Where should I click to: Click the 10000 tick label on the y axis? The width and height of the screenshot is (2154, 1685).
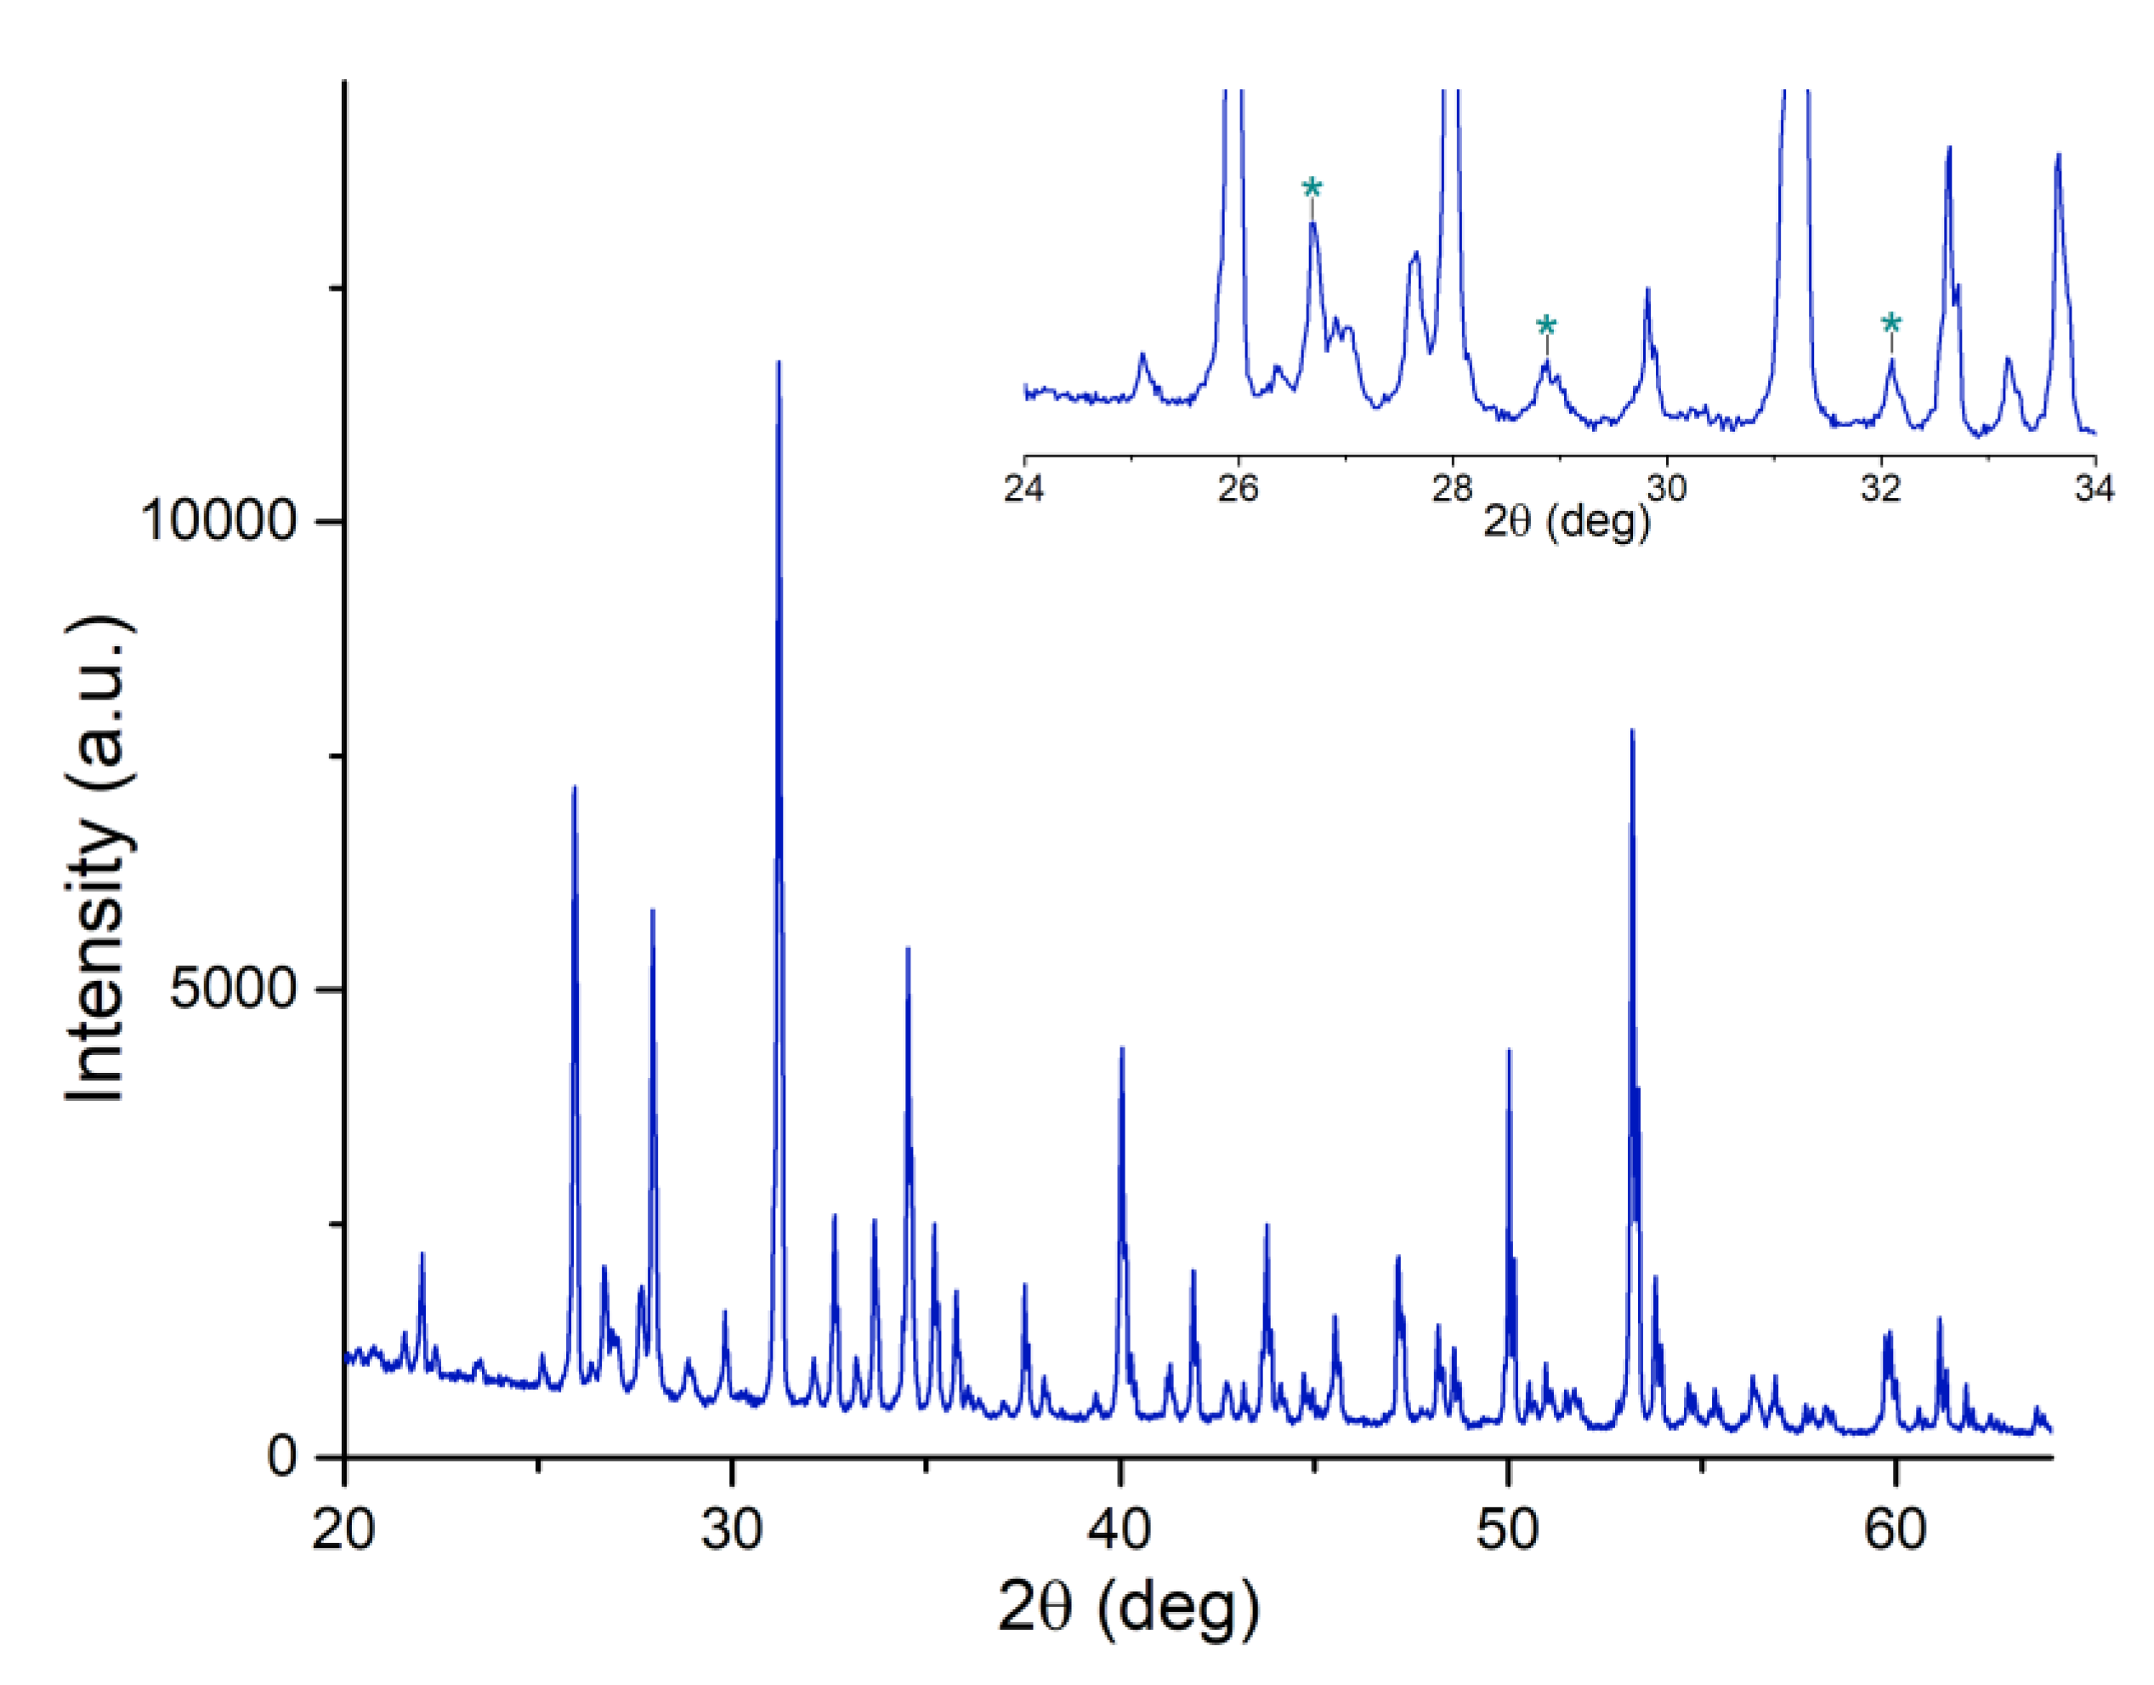pos(219,518)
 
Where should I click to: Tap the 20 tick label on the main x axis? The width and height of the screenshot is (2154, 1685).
pos(343,1530)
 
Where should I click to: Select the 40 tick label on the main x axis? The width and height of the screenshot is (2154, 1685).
pos(1120,1530)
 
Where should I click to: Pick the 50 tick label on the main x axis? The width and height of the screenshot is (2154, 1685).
pos(1507,1530)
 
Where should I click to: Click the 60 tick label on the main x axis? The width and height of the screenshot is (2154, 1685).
pos(1895,1530)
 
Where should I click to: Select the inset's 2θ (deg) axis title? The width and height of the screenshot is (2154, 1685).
pos(1566,520)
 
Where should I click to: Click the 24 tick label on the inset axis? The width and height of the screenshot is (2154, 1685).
pos(1025,488)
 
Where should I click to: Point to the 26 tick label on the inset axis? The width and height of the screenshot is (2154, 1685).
pos(1239,488)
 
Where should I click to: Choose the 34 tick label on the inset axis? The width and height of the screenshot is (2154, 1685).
pos(2094,488)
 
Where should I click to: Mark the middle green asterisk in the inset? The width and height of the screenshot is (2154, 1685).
pos(1546,326)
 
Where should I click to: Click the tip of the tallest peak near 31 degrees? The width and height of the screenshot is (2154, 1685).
pos(778,362)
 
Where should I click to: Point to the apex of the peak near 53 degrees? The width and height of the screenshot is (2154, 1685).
pos(1631,731)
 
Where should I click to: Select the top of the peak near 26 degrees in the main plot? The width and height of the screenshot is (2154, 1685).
pos(574,787)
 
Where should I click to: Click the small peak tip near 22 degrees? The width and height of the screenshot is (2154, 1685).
pos(422,1254)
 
